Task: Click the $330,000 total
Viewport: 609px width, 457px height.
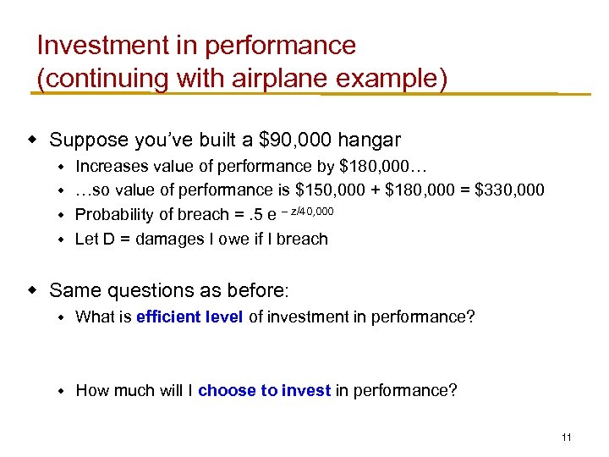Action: coord(510,190)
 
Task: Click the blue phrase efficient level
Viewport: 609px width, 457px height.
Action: coord(189,317)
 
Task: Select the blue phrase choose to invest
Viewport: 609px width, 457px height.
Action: coord(265,390)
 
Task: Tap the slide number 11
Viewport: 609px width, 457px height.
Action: coord(567,438)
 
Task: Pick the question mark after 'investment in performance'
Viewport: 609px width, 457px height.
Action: coord(470,317)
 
